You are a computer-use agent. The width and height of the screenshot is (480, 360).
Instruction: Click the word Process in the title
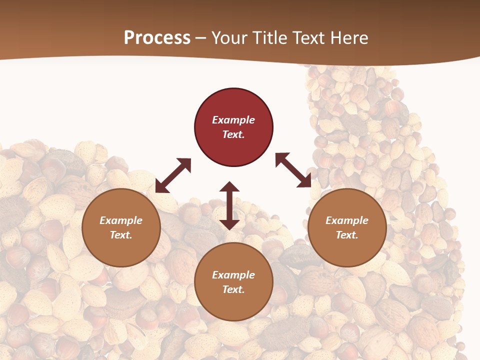click(157, 38)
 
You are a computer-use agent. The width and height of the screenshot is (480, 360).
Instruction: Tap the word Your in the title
click(230, 38)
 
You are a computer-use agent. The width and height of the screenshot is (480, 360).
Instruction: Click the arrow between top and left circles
click(173, 175)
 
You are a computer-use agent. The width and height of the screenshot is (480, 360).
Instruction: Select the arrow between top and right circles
click(293, 170)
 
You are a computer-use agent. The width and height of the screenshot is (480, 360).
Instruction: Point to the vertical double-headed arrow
click(229, 205)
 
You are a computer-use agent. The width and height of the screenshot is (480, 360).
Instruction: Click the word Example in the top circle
click(233, 120)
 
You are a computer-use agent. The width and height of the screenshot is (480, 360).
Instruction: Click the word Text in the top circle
click(233, 134)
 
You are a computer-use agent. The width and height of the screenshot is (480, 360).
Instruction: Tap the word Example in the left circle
click(121, 220)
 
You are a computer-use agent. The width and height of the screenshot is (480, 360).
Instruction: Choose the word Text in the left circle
click(120, 235)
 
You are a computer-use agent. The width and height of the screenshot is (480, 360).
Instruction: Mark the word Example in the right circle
click(347, 220)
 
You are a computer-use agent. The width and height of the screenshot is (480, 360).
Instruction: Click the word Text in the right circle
click(346, 235)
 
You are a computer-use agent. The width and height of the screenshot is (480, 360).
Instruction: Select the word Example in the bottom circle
click(233, 275)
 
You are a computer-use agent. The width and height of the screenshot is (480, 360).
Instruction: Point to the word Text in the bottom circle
click(233, 289)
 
